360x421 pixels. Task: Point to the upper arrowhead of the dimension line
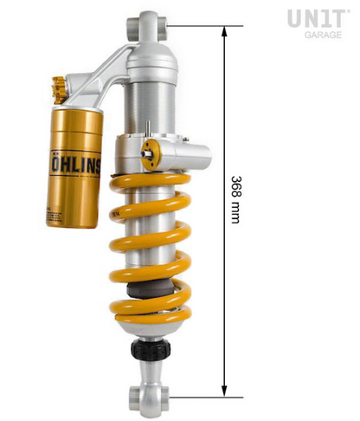pos(225,30)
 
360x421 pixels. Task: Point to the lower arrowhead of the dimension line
pos(225,390)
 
